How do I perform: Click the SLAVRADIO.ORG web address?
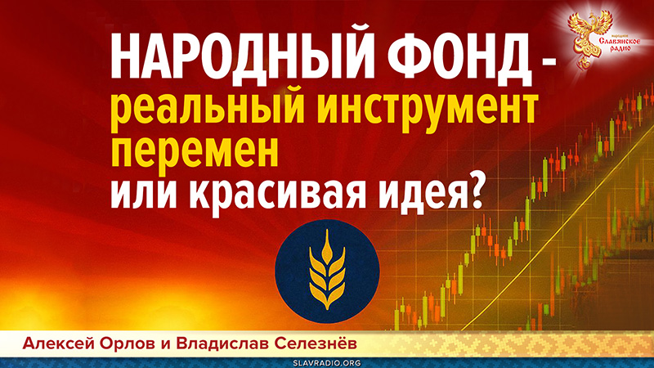tap(326, 360)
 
